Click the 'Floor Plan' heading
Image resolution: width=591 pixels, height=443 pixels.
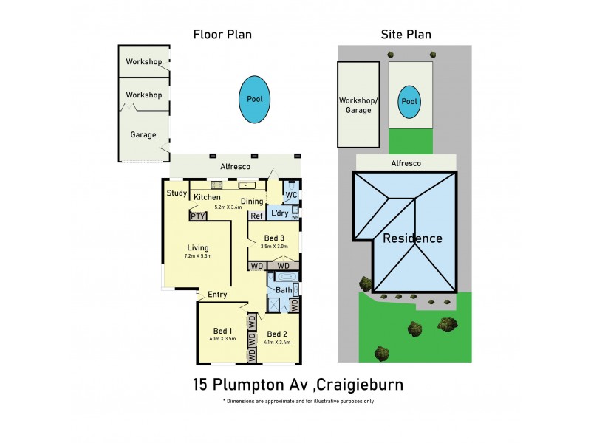(x=222, y=34)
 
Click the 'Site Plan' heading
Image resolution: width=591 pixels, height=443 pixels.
(x=406, y=34)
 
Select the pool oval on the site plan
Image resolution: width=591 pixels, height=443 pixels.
(x=409, y=102)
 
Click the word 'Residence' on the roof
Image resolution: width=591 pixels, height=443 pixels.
(x=412, y=238)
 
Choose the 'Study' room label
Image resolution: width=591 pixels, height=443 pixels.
(x=177, y=194)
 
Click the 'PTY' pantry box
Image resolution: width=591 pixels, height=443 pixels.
(x=197, y=217)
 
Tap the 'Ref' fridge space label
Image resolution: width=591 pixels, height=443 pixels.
(x=256, y=216)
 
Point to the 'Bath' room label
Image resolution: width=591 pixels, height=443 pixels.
(x=284, y=290)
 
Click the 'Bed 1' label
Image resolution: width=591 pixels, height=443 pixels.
(x=222, y=330)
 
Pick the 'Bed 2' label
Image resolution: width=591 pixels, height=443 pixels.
(x=277, y=333)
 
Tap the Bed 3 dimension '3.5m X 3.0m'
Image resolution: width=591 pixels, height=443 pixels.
(x=273, y=247)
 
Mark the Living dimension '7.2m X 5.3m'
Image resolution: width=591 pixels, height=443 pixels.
(x=197, y=256)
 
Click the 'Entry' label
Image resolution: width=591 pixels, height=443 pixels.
(x=216, y=295)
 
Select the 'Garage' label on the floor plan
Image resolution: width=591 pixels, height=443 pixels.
(x=143, y=134)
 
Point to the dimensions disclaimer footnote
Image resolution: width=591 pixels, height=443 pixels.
(x=298, y=402)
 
